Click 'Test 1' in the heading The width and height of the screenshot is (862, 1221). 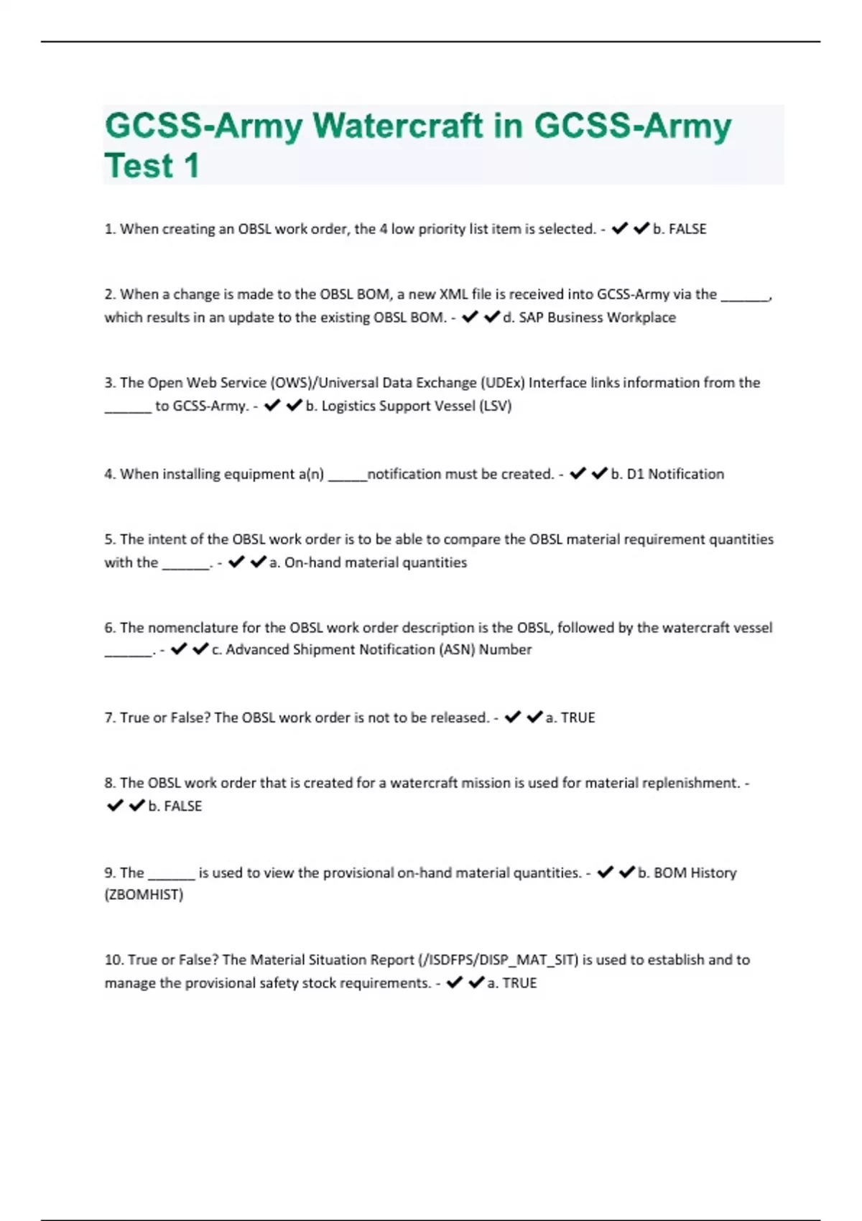point(152,166)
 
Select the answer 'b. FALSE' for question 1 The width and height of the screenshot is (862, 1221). point(680,229)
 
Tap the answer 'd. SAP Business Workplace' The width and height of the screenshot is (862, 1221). point(589,317)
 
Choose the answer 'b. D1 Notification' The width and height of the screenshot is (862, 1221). point(667,474)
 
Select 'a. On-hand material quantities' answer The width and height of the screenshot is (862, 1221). point(368,562)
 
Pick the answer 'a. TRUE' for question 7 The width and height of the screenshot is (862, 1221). point(570,718)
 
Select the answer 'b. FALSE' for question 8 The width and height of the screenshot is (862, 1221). point(175,806)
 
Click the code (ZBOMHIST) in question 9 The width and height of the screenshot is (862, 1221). point(144,895)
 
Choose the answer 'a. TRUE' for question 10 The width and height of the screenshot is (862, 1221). point(511,983)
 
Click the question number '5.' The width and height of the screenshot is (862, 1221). point(110,539)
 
